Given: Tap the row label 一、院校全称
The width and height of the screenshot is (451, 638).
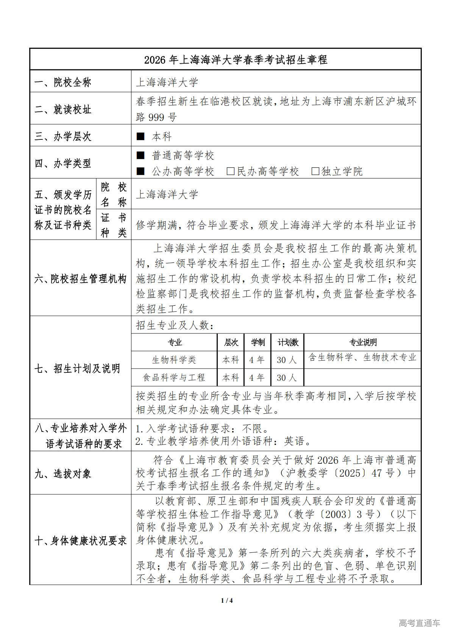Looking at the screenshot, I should click(63, 82).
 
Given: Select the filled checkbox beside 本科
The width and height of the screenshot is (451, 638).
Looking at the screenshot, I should click(140, 136).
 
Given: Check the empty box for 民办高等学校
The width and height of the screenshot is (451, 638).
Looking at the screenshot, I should click(230, 171).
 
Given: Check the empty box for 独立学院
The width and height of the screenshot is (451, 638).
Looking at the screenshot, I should click(315, 171).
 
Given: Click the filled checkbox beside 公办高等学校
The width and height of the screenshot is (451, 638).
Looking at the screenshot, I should click(140, 171).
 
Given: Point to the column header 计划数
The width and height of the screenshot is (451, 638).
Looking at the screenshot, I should click(288, 342).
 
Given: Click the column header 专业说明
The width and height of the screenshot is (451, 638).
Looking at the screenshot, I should click(362, 342).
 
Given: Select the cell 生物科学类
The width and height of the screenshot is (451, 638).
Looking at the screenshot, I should click(174, 360).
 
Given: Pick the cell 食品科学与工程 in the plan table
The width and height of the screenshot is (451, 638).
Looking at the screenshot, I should click(174, 377).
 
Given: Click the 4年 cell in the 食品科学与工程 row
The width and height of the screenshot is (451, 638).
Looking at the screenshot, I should click(257, 377).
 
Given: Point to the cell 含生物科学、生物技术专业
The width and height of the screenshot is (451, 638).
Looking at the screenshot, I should click(362, 357).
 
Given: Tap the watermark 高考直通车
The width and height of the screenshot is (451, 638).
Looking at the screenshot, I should click(420, 623).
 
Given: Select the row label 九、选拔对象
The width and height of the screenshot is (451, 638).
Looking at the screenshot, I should click(63, 474).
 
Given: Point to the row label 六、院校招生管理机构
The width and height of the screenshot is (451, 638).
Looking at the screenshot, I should click(80, 279).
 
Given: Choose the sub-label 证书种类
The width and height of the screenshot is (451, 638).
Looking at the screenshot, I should click(114, 225).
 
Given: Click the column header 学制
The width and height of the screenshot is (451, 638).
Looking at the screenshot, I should click(258, 342).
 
